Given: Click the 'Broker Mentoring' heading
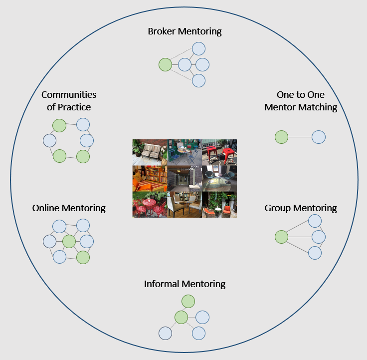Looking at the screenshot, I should [184, 31].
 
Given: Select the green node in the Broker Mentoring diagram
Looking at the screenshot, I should [165, 64].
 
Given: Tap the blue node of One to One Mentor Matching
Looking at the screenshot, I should [319, 137].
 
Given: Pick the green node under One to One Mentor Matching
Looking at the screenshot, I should [282, 137].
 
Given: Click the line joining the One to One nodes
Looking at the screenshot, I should [300, 137].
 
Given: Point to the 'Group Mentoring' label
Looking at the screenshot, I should [301, 208].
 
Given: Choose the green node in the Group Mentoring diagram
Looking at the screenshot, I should [282, 237].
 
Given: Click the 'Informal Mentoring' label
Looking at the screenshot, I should [184, 284].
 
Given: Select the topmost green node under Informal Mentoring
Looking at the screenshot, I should [188, 301].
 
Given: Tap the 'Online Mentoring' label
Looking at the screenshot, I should [69, 208].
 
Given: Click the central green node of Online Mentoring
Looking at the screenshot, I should [69, 242].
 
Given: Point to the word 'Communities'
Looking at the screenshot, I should [69, 94].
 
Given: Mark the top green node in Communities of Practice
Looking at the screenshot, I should [59, 125].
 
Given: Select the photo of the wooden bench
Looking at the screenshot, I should [150, 152].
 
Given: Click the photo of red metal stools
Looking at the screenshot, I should [219, 152].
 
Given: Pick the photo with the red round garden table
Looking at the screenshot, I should [150, 205].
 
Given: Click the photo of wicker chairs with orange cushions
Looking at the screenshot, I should [219, 205].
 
